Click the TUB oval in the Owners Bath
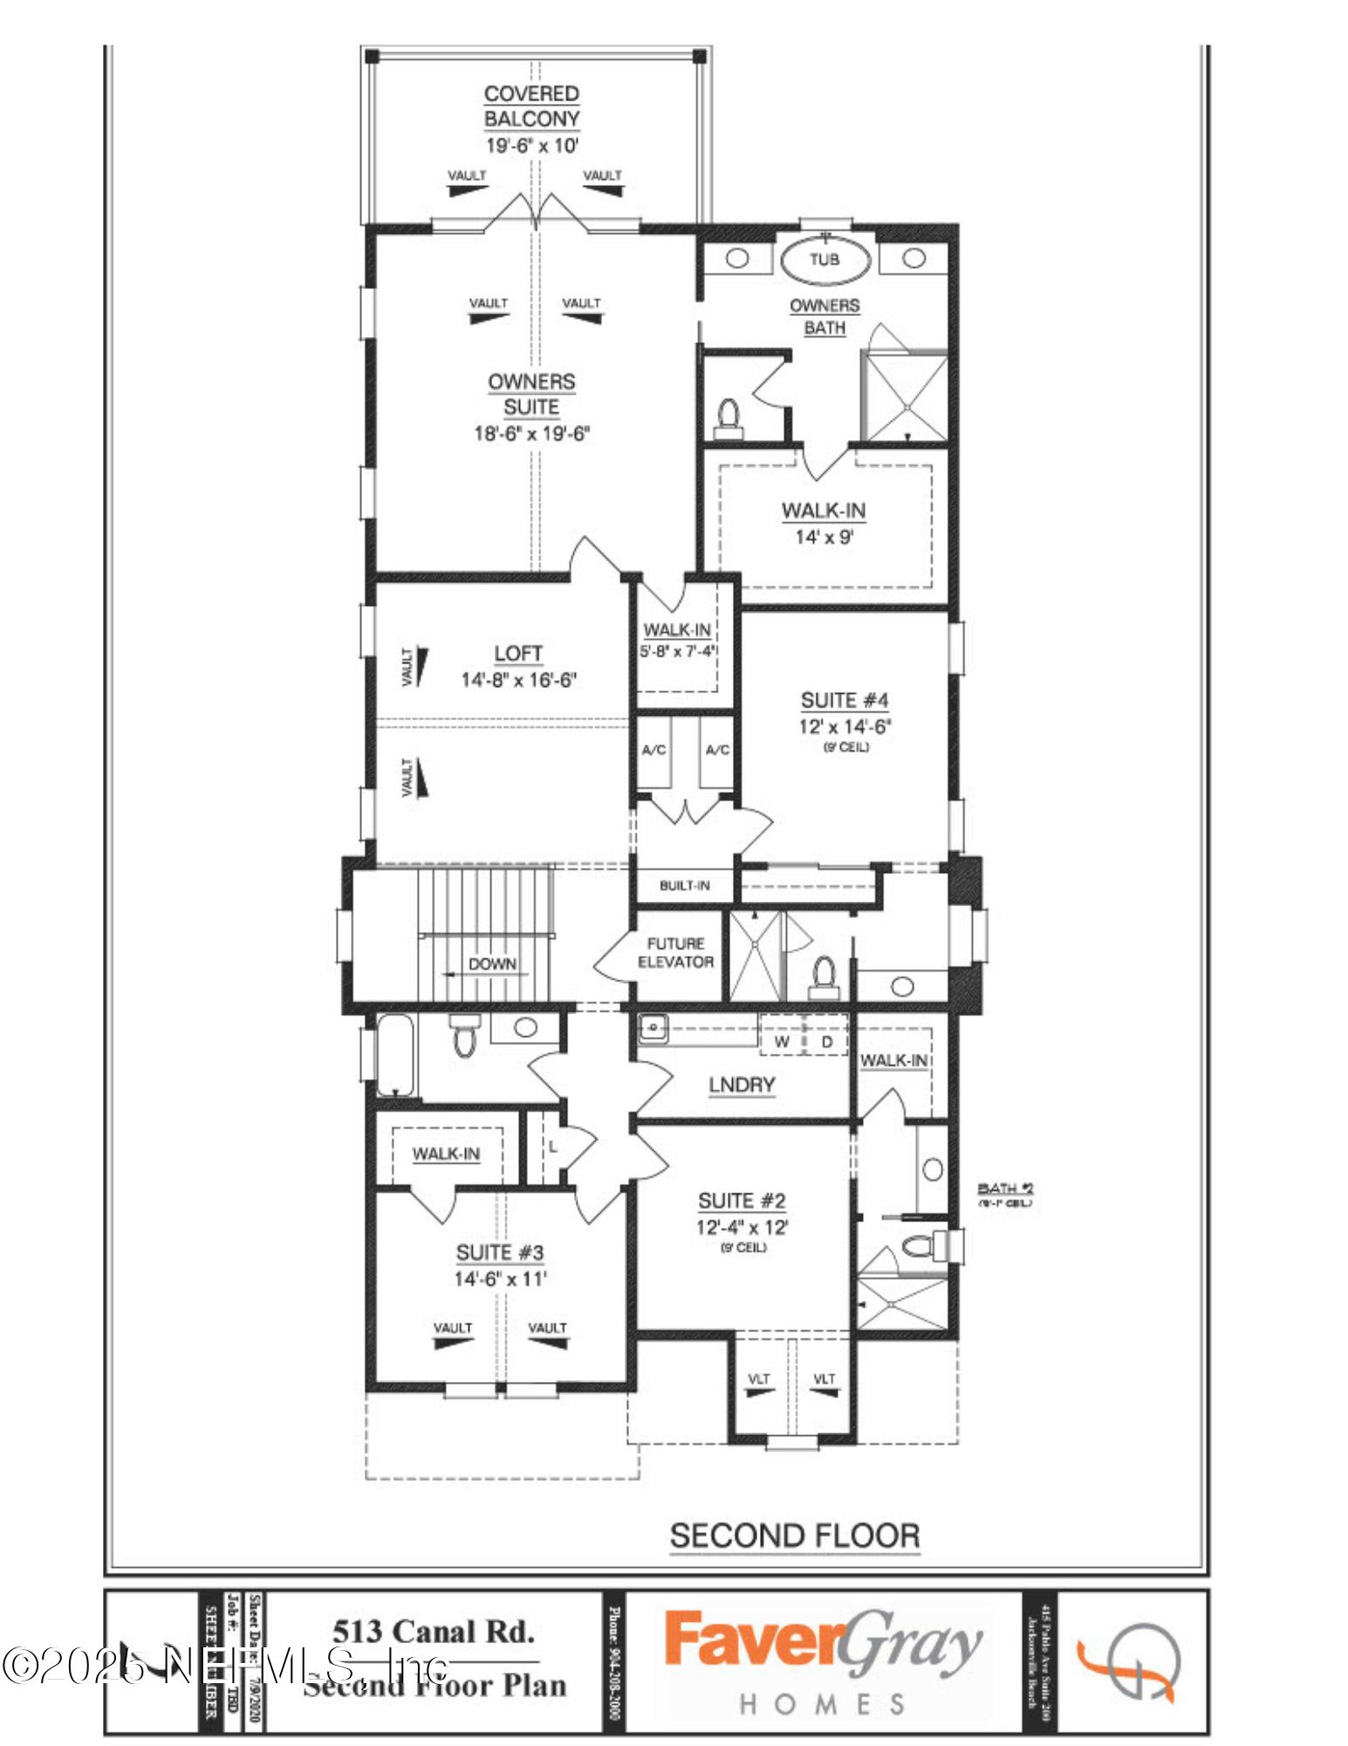(x=824, y=259)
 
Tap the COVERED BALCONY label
(x=531, y=106)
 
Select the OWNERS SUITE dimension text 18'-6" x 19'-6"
(x=531, y=433)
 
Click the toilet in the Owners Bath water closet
(x=728, y=417)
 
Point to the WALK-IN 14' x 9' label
(x=824, y=511)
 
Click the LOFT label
(x=518, y=653)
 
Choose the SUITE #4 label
(x=845, y=700)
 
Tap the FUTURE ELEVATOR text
(x=675, y=952)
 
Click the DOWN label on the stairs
(x=492, y=964)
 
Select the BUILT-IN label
(x=684, y=885)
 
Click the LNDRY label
(x=742, y=1084)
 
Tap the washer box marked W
(x=782, y=1041)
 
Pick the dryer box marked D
(x=827, y=1041)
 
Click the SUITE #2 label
(x=742, y=1200)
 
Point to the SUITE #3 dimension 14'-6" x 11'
(x=500, y=1279)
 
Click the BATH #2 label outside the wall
(x=1005, y=1188)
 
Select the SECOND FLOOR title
(x=794, y=1536)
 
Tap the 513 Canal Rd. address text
(x=433, y=1632)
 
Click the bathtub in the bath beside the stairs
(x=395, y=1054)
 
